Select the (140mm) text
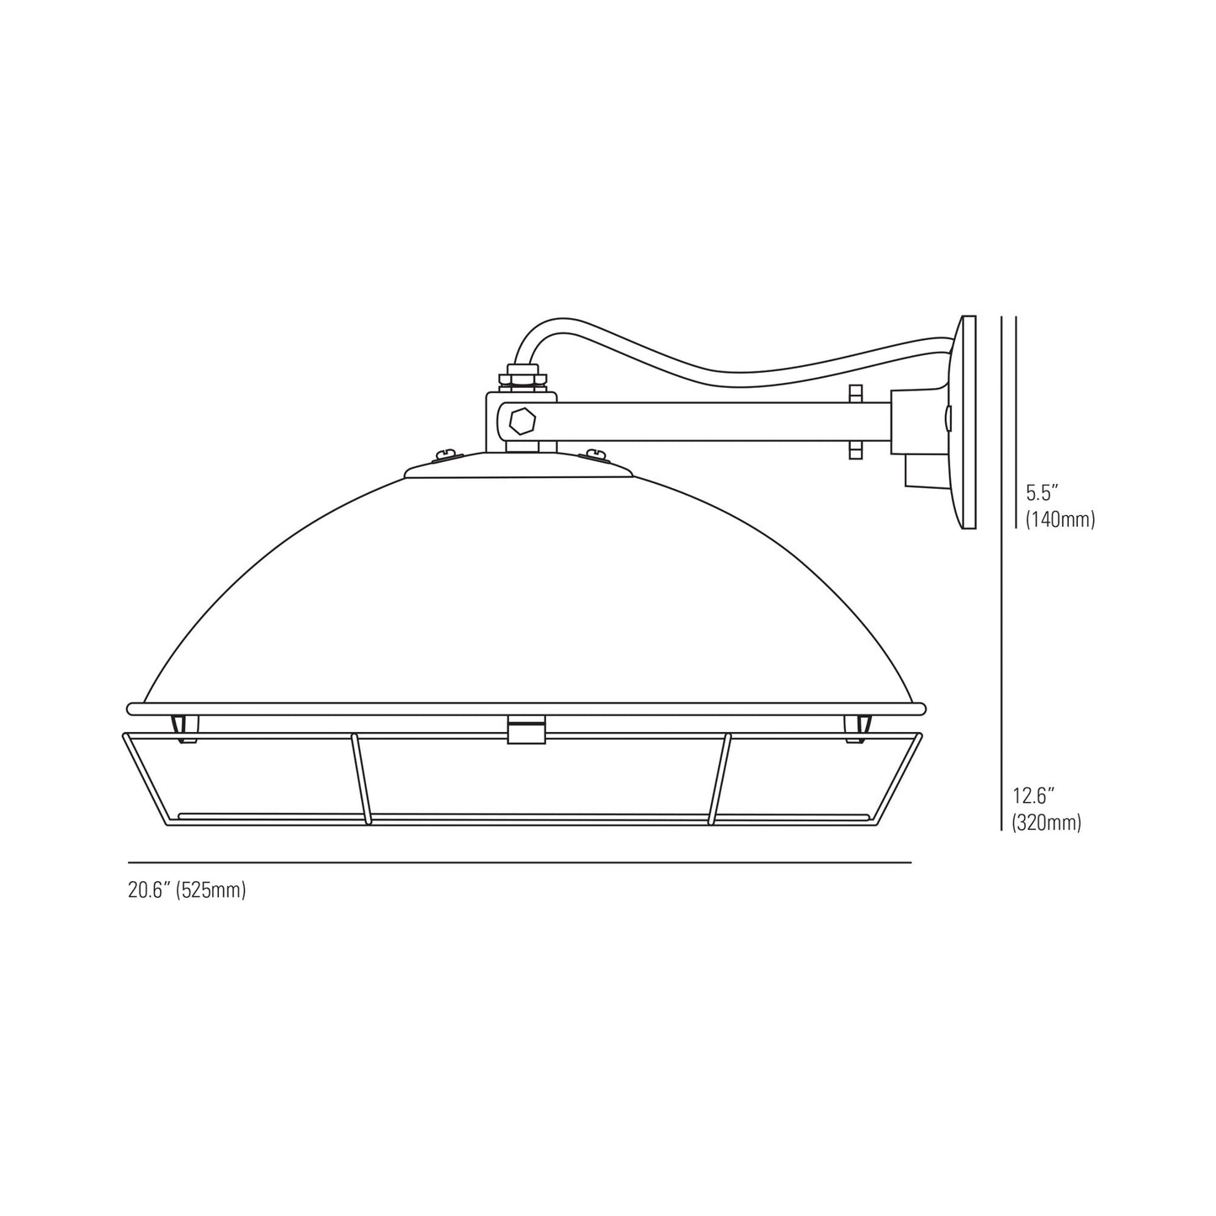click(x=1059, y=519)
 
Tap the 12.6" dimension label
click(x=1033, y=794)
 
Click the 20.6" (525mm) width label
click(x=187, y=890)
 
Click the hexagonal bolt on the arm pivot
click(x=522, y=421)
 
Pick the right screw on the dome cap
click(x=596, y=455)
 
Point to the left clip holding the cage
click(x=184, y=728)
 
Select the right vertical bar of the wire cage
click(x=720, y=778)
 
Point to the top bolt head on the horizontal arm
click(x=855, y=393)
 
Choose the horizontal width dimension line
click(x=519, y=863)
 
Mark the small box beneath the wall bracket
click(x=919, y=471)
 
